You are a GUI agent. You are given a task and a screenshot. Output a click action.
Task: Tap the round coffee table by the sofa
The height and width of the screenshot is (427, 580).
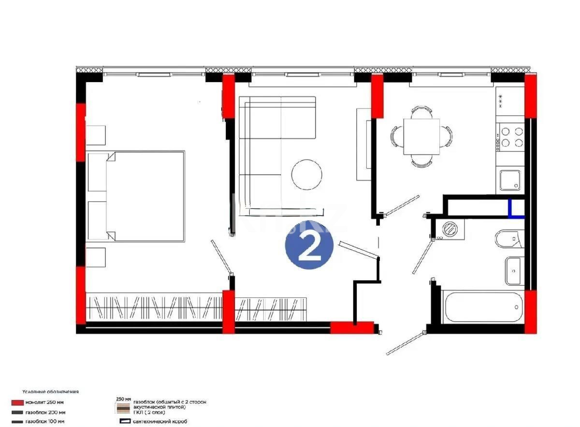(307, 174)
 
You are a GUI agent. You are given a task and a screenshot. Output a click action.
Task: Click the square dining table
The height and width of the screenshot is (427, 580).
(421, 136)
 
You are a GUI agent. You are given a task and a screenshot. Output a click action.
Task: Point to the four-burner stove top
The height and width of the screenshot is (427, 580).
(512, 136)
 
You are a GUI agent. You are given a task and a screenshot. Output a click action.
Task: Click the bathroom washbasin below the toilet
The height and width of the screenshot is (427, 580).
(514, 271)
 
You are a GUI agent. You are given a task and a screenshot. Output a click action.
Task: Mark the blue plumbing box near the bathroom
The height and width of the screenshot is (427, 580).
(516, 210)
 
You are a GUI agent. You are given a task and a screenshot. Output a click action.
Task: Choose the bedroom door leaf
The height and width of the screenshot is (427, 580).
(222, 256)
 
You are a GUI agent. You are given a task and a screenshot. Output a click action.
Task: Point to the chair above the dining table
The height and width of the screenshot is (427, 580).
(421, 112)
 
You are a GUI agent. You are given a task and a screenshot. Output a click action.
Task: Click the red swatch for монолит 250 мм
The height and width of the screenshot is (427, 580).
(18, 402)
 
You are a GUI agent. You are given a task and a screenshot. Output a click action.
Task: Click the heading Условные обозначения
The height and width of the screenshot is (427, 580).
(50, 392)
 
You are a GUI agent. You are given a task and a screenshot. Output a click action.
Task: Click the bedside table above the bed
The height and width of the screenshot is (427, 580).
(96, 135)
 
